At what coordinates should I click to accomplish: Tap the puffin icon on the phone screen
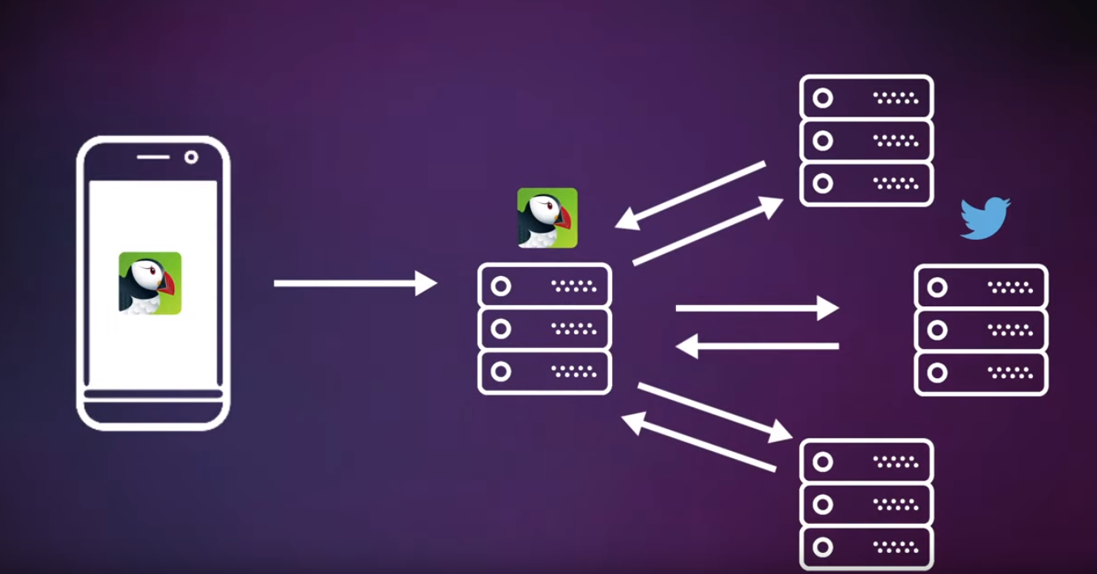(x=150, y=283)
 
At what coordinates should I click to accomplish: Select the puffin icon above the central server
(x=547, y=218)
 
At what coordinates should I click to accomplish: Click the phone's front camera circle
(x=191, y=157)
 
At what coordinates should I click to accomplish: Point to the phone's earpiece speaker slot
(x=152, y=157)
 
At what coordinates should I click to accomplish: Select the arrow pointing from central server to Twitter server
(x=756, y=308)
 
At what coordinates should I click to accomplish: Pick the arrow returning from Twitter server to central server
(x=756, y=347)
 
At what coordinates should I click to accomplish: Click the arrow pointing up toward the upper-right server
(x=708, y=231)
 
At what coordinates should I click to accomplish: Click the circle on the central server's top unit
(x=501, y=286)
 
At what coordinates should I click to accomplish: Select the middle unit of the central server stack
(x=545, y=329)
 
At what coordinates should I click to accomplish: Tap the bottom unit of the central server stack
(x=545, y=372)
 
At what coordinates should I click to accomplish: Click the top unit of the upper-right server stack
(x=866, y=98)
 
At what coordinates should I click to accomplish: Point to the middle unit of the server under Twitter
(x=981, y=330)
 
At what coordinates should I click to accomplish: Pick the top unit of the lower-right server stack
(x=866, y=461)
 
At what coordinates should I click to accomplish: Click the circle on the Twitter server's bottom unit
(x=937, y=373)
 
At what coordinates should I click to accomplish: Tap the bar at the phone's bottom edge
(x=153, y=395)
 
